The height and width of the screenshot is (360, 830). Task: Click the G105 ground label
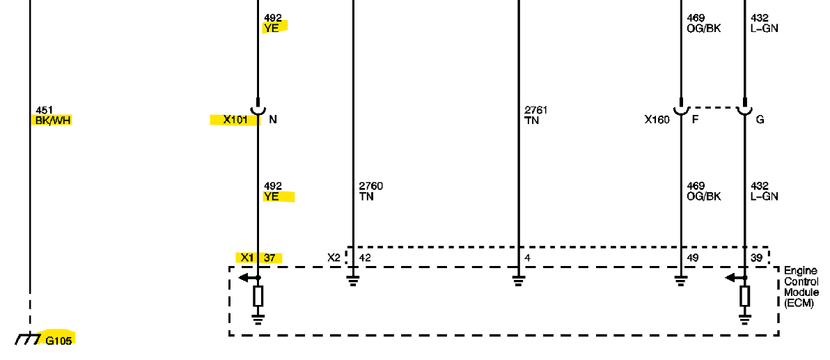coord(58,341)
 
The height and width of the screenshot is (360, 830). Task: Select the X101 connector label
coord(235,120)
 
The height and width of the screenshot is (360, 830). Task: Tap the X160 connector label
coord(657,120)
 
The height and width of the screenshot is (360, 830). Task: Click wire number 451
coord(44,110)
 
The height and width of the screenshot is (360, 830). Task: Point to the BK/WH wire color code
coord(53,120)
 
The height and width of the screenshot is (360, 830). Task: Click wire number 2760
coord(370,186)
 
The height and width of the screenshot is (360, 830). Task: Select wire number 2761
coord(536,110)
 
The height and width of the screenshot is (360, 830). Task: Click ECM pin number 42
coord(365,258)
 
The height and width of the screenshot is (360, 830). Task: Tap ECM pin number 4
coord(527,258)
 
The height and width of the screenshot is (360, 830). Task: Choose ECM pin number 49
coord(692,258)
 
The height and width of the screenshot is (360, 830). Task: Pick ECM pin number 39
coord(757,258)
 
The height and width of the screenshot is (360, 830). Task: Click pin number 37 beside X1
coord(269,258)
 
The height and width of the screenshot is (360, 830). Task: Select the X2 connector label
coord(334,258)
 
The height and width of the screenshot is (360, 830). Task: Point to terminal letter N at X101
coord(273,120)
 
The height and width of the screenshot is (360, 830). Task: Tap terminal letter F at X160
coord(695,120)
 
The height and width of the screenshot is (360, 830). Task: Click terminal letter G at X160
coord(760,120)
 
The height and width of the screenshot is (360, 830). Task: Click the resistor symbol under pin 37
coord(258,297)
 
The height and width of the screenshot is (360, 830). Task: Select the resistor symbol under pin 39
coord(744,297)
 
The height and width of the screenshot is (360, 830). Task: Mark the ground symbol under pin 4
coord(518,281)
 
